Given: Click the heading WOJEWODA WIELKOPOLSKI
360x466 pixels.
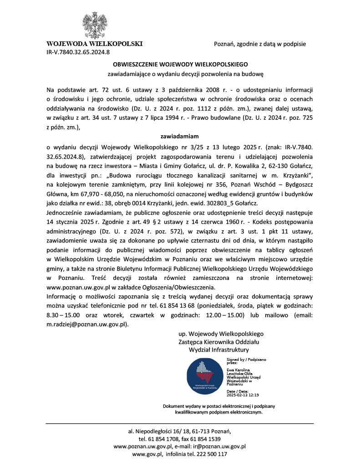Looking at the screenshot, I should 95,44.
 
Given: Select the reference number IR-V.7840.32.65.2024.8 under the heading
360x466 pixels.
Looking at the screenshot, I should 78,52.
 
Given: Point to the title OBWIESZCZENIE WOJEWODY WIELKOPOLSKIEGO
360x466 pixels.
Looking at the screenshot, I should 180,65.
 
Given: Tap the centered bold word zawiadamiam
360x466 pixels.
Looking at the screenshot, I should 180,136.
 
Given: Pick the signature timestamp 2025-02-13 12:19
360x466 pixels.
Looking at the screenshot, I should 243,395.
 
